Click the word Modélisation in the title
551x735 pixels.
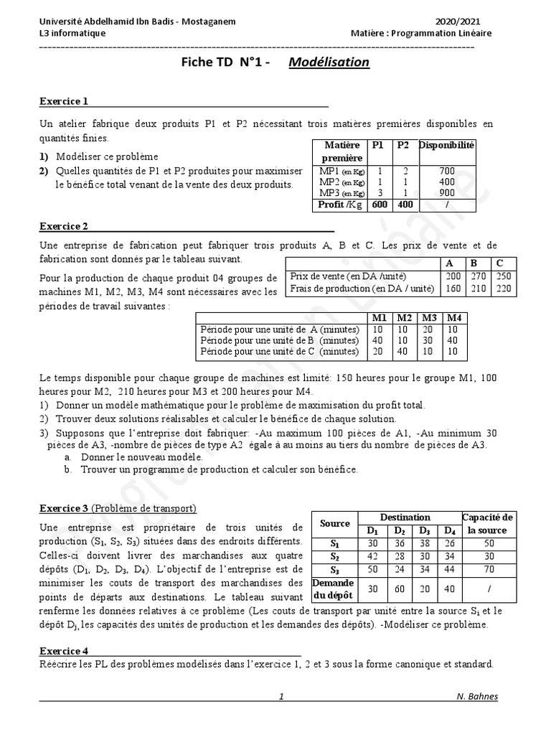coord(329,62)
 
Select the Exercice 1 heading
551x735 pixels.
coord(65,101)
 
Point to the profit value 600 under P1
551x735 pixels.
coord(378,205)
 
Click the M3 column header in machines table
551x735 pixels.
coord(429,317)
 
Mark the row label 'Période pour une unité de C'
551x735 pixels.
coord(278,352)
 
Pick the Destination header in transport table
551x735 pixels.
coord(405,518)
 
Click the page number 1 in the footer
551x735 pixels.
coord(281,696)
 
